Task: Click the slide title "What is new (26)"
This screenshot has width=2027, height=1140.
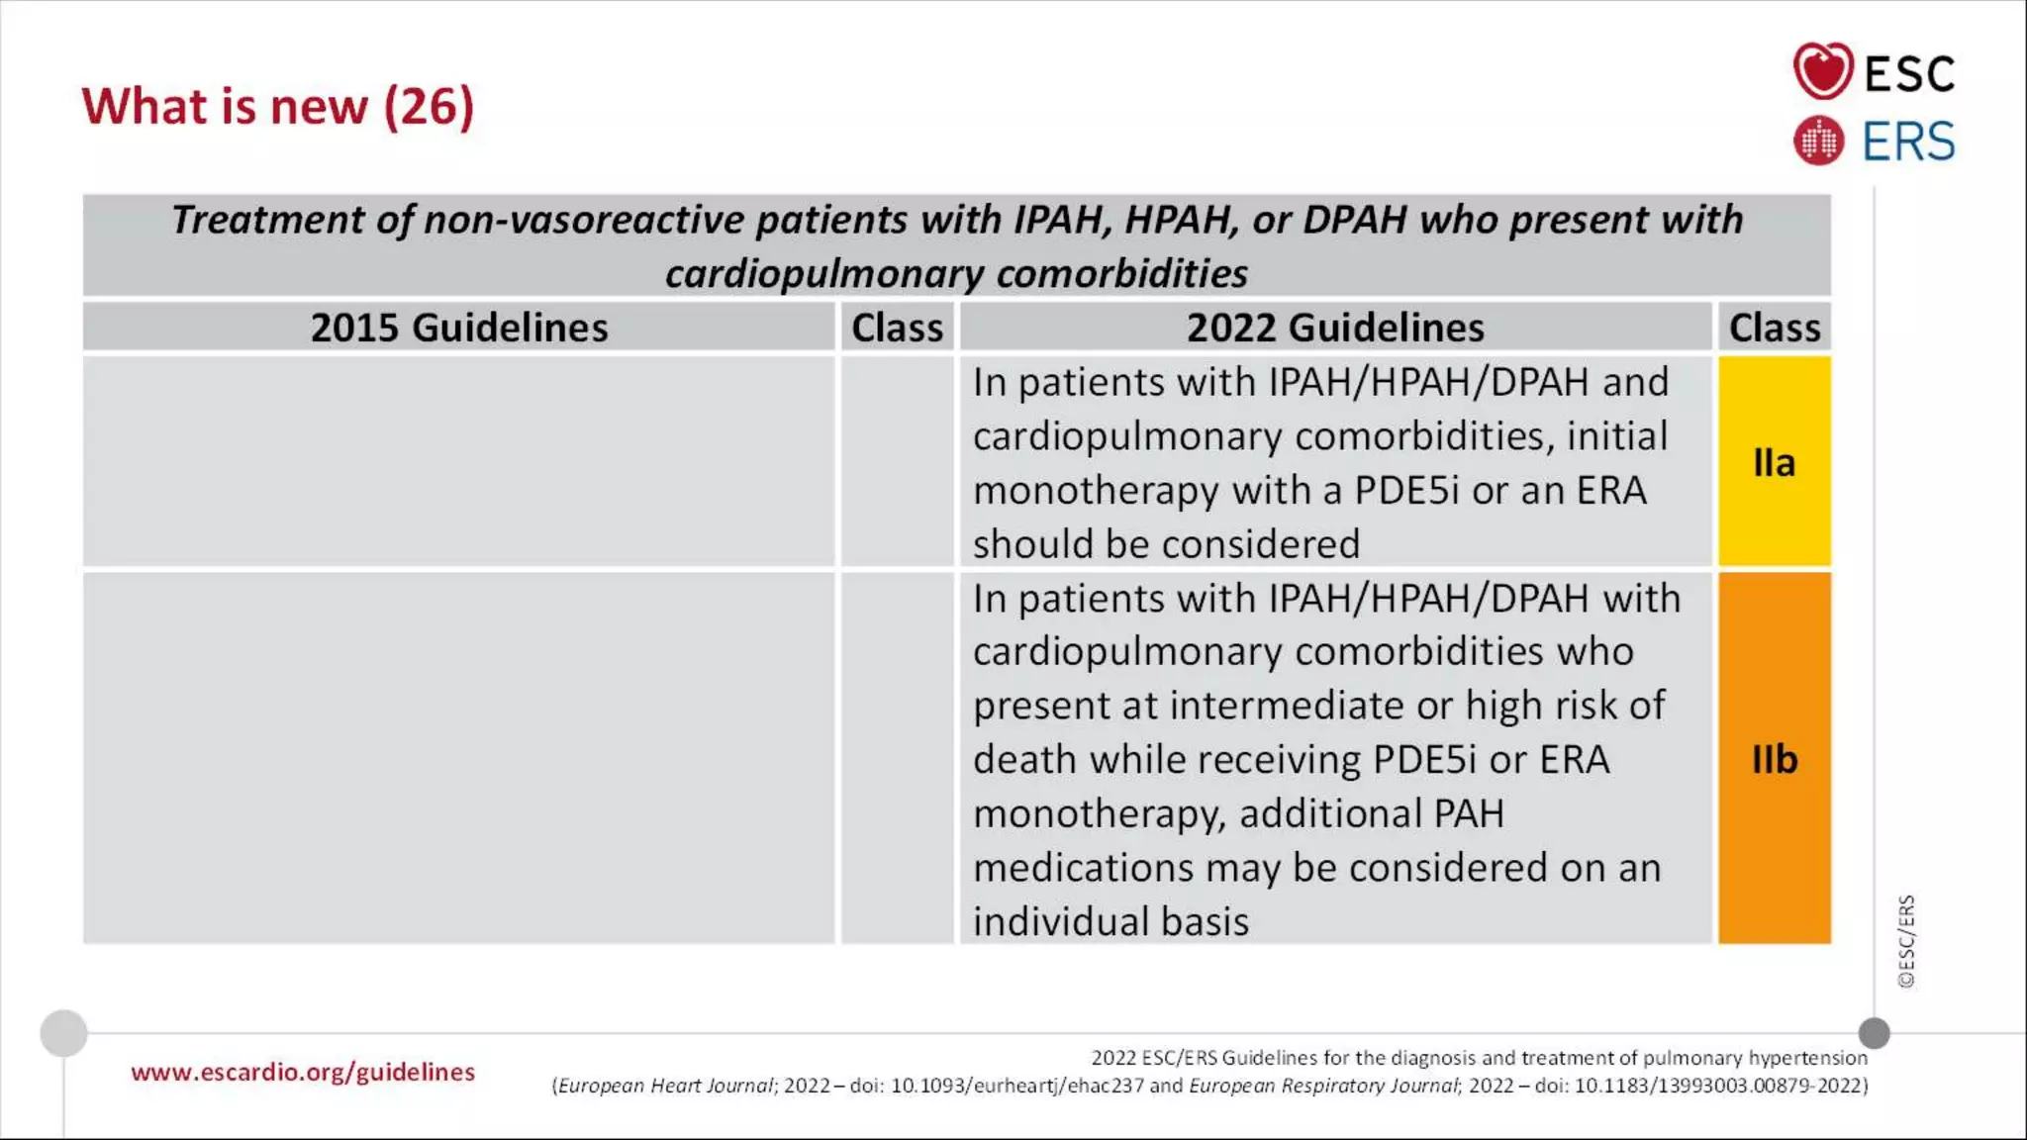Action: [278, 106]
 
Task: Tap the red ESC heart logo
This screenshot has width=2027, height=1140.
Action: [1822, 71]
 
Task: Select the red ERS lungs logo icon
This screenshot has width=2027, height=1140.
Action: [1818, 141]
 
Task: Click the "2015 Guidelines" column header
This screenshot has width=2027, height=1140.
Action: [459, 328]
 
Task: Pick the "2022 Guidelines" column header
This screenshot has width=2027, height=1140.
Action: [1335, 328]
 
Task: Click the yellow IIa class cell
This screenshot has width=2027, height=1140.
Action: [1774, 462]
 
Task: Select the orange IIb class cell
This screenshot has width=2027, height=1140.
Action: [1774, 759]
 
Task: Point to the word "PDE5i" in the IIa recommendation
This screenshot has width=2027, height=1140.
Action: [1406, 491]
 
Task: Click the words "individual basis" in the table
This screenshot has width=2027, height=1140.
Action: [1110, 921]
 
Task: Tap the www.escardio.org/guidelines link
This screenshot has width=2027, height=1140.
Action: [303, 1072]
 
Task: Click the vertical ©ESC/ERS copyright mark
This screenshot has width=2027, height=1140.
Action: [1906, 941]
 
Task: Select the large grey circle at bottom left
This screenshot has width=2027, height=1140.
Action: [63, 1033]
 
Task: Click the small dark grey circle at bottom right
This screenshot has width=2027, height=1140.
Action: [1874, 1033]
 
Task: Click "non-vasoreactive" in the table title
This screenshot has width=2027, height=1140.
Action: [583, 220]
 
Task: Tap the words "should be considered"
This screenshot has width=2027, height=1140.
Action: [1166, 544]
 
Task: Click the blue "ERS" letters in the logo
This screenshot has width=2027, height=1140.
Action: [1908, 142]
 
